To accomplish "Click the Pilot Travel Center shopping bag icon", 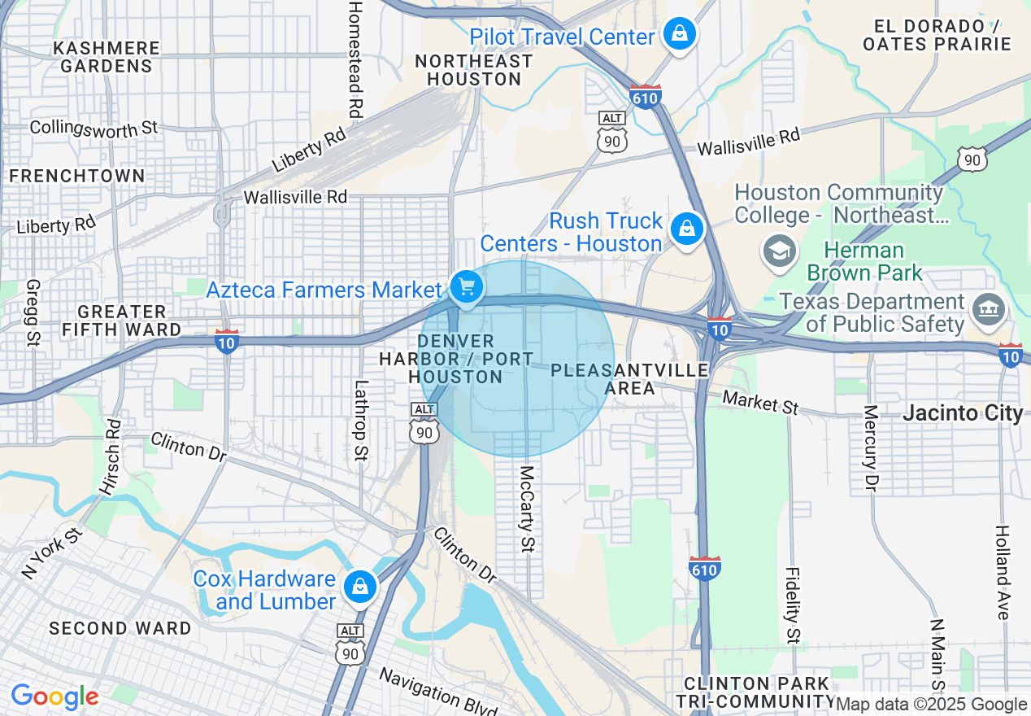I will coord(676,34).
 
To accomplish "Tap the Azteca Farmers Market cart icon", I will coord(466,287).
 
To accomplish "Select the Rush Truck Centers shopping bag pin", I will coord(687,229).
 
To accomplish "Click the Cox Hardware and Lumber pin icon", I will coord(359,587).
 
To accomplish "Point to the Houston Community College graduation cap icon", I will coord(779,251).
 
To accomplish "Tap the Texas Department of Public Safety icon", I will coord(989,308).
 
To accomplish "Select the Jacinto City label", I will coord(963,413).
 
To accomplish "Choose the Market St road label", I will coord(760,402).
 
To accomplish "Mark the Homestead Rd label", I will coord(355,59).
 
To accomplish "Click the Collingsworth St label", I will coord(94,128).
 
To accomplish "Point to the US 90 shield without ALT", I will coord(972,159).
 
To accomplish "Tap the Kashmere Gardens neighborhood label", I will coord(106,57).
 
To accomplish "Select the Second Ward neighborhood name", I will coord(120,628).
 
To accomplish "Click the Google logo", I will coord(54,696).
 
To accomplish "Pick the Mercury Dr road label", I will coord(871,448).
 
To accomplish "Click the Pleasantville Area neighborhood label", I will coord(629,379).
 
